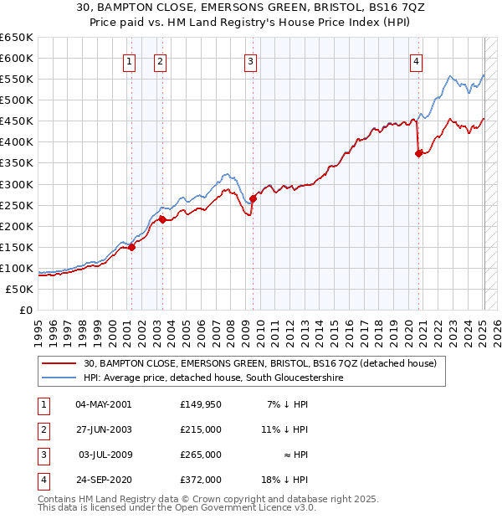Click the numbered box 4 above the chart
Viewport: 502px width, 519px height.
(416, 60)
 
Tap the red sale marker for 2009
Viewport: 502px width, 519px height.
(252, 198)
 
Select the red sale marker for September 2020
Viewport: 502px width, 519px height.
(418, 153)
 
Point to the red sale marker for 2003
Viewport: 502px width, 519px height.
(162, 219)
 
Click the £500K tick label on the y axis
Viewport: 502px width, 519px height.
(17, 100)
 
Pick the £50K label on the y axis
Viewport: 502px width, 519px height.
(19, 289)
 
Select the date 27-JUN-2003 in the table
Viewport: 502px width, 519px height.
(104, 430)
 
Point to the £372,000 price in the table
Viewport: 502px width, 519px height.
(201, 480)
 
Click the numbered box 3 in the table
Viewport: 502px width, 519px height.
(42, 455)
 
